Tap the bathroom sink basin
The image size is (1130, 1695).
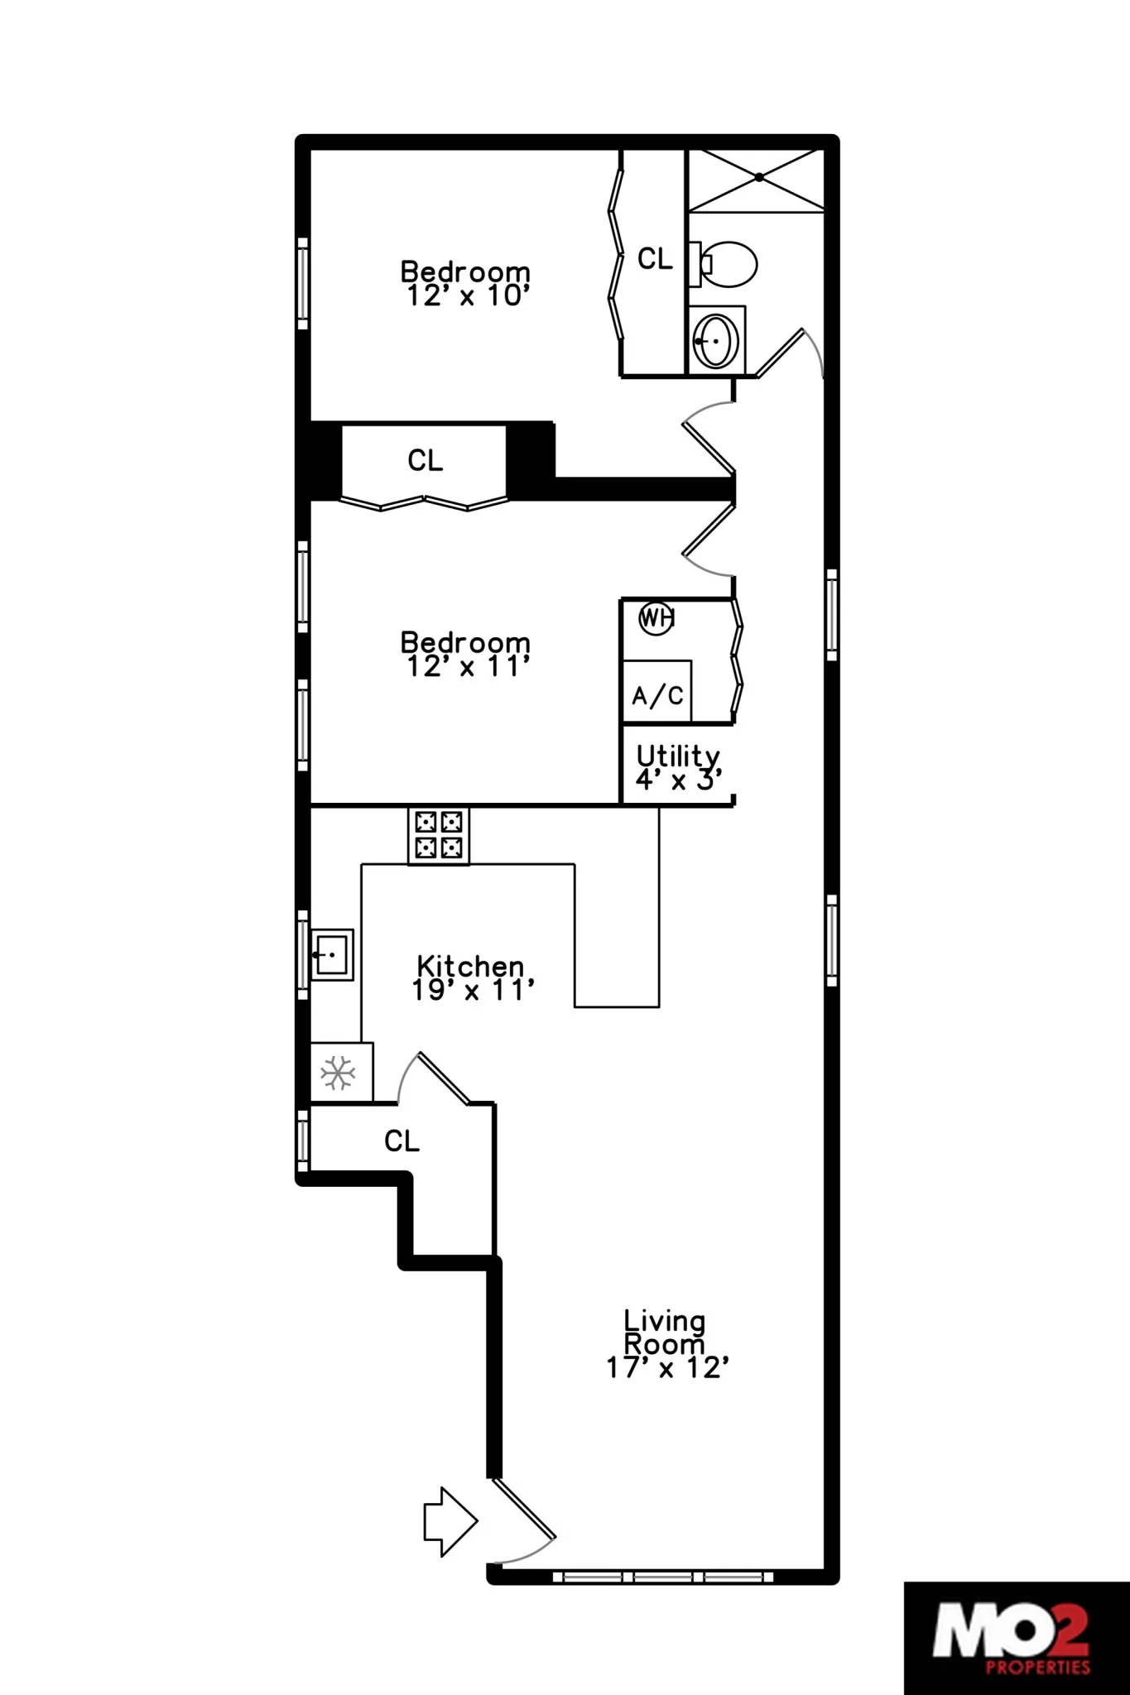(x=717, y=340)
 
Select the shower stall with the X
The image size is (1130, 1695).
(x=757, y=178)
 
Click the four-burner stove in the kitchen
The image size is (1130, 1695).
(x=439, y=834)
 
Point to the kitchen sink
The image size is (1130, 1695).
(x=331, y=954)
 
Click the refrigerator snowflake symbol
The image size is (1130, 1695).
(x=338, y=1073)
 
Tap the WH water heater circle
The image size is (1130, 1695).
(x=656, y=618)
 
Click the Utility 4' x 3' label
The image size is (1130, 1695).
(x=678, y=767)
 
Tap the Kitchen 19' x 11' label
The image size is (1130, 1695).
(x=471, y=977)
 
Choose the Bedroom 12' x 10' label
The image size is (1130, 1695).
(x=465, y=283)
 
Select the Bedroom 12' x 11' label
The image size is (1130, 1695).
(x=465, y=654)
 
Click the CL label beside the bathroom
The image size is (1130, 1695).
(x=655, y=259)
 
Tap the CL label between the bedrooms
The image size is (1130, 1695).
(x=425, y=460)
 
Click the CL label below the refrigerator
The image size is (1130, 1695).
(x=402, y=1141)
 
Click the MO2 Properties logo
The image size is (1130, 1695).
(x=1016, y=1639)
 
